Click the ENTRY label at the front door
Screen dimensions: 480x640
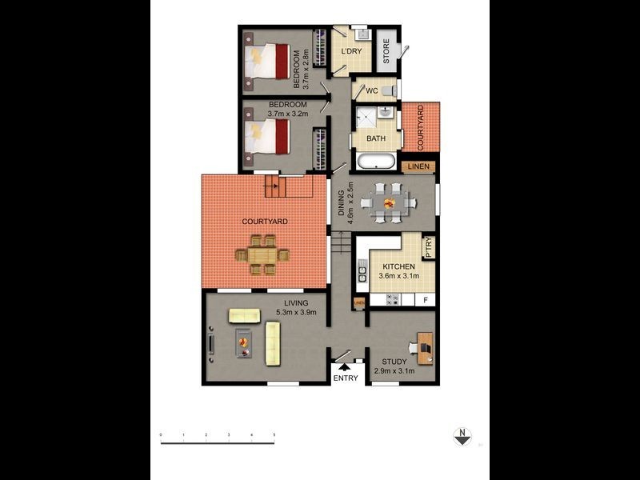[x=346, y=378]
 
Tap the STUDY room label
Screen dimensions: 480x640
[x=394, y=362]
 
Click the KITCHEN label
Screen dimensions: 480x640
[x=398, y=266]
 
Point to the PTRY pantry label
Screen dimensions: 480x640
[x=429, y=246]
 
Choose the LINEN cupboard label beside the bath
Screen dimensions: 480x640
[x=419, y=167]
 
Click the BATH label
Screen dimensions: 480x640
[x=375, y=138]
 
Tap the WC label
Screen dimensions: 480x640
[x=372, y=90]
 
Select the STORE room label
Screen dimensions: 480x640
[x=386, y=52]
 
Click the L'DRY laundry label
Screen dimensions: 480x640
[x=351, y=52]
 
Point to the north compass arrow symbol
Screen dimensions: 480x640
[x=462, y=436]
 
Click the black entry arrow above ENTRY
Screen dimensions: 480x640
[x=346, y=367]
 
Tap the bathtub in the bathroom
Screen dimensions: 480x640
[x=374, y=162]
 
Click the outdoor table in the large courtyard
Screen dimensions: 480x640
[x=262, y=255]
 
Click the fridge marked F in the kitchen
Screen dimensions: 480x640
[x=426, y=300]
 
